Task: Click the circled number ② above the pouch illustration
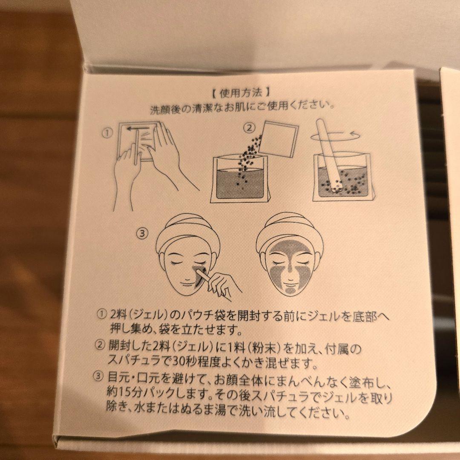tap(250, 128)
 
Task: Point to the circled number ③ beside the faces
tap(142, 233)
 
